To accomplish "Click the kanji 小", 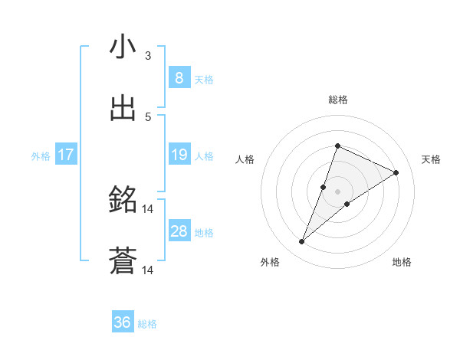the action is coord(123,47).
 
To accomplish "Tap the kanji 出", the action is coord(123,109).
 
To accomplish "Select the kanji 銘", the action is coord(123,201).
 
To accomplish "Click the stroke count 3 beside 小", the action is coord(148,56).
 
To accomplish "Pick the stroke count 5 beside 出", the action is coord(148,117).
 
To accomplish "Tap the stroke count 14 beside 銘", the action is coord(148,209).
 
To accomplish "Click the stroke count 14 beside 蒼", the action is coord(148,270).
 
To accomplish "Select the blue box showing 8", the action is coord(179,77).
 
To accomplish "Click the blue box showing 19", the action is coord(179,155).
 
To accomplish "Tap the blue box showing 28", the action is coord(179,231).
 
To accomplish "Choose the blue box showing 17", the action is coord(66,155).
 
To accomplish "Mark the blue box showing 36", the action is coord(123,322).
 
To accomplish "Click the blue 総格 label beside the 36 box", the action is coord(147,324).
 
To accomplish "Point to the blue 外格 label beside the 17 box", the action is coord(41,156).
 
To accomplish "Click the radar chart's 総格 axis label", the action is coord(337,100).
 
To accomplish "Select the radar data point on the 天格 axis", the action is coord(396,172).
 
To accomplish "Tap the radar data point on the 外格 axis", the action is coord(302,242).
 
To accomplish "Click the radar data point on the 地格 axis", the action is coord(347,204).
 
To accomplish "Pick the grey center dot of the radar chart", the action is coord(337,191).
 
